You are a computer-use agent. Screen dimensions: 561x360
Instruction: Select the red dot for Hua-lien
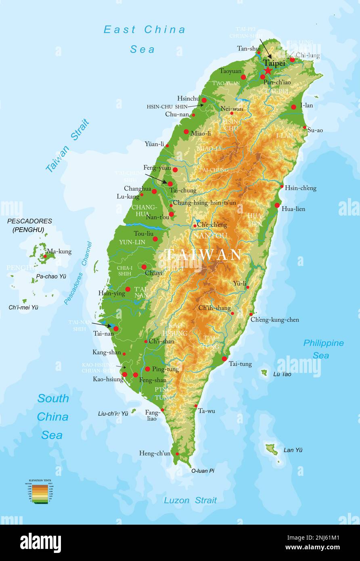(x=277, y=205)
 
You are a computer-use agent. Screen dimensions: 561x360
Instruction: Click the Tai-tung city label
(x=240, y=364)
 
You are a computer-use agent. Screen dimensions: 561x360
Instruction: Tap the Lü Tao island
(x=264, y=373)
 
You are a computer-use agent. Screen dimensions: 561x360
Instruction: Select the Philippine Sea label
(x=323, y=349)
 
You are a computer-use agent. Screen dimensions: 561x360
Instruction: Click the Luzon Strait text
(x=190, y=500)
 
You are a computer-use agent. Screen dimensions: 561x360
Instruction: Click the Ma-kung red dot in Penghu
(x=45, y=256)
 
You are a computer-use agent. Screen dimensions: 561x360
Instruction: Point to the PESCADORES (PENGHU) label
(x=29, y=225)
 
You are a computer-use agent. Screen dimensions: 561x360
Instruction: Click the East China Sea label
(x=144, y=39)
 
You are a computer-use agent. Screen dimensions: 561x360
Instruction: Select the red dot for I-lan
(x=293, y=107)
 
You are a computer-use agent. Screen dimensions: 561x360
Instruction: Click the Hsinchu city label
(x=188, y=98)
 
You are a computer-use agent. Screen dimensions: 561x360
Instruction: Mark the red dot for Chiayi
(x=144, y=267)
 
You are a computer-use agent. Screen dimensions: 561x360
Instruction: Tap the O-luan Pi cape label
(x=203, y=471)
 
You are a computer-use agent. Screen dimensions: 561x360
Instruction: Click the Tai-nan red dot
(x=116, y=329)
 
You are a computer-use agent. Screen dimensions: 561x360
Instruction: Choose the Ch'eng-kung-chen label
(x=275, y=320)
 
